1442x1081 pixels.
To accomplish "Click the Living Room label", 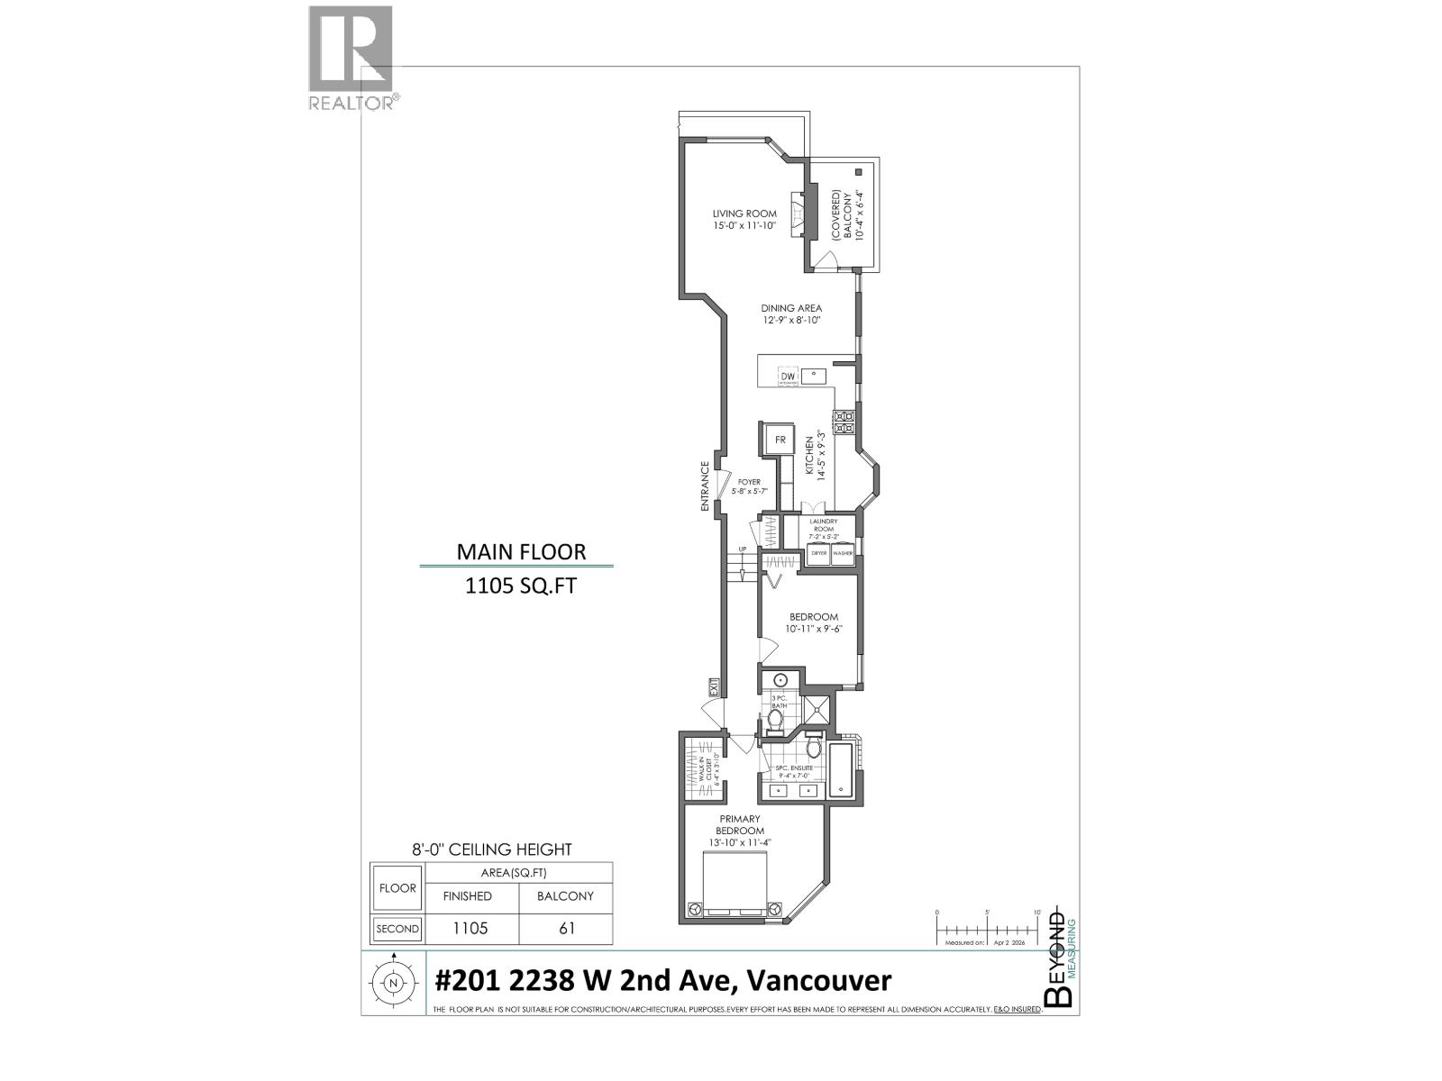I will (x=744, y=220).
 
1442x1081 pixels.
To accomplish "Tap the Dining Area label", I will (x=790, y=313).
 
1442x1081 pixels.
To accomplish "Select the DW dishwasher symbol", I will (x=788, y=377).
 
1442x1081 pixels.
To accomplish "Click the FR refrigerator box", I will (x=780, y=441).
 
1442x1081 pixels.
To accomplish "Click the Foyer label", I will (x=748, y=486).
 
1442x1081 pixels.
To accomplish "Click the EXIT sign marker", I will (x=712, y=688).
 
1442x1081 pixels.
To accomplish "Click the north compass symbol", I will (x=393, y=984).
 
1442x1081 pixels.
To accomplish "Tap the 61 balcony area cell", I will (x=566, y=929).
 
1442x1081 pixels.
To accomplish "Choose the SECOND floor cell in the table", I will (x=397, y=929).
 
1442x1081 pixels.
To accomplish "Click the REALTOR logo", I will (x=352, y=59).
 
